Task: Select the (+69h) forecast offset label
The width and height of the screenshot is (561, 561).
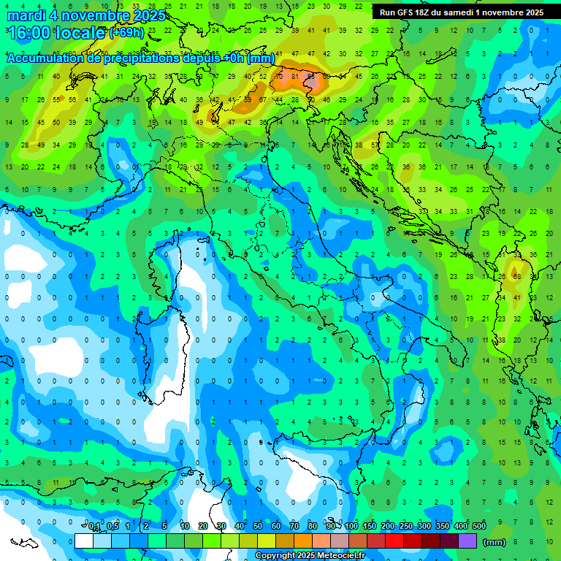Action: pyautogui.click(x=126, y=33)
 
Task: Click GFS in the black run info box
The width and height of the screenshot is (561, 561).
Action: pyautogui.click(x=408, y=12)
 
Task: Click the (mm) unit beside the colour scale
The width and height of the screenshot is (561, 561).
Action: pyautogui.click(x=494, y=542)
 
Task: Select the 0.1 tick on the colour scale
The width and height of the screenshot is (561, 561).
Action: pyautogui.click(x=93, y=527)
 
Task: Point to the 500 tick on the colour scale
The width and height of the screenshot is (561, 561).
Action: pyautogui.click(x=478, y=527)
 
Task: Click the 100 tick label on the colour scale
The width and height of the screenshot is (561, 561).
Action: pyautogui.click(x=351, y=527)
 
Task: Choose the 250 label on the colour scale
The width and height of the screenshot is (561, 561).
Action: pyautogui.click(x=405, y=527)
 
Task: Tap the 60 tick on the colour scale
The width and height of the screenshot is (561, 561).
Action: pyautogui.click(x=276, y=527)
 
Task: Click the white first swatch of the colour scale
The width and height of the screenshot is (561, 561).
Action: pyautogui.click(x=84, y=541)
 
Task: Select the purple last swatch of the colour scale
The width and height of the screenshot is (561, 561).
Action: pyautogui.click(x=467, y=541)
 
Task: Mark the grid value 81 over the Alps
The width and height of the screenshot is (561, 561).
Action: pyautogui.click(x=294, y=76)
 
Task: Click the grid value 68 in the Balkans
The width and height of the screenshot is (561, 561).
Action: pyautogui.click(x=516, y=277)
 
